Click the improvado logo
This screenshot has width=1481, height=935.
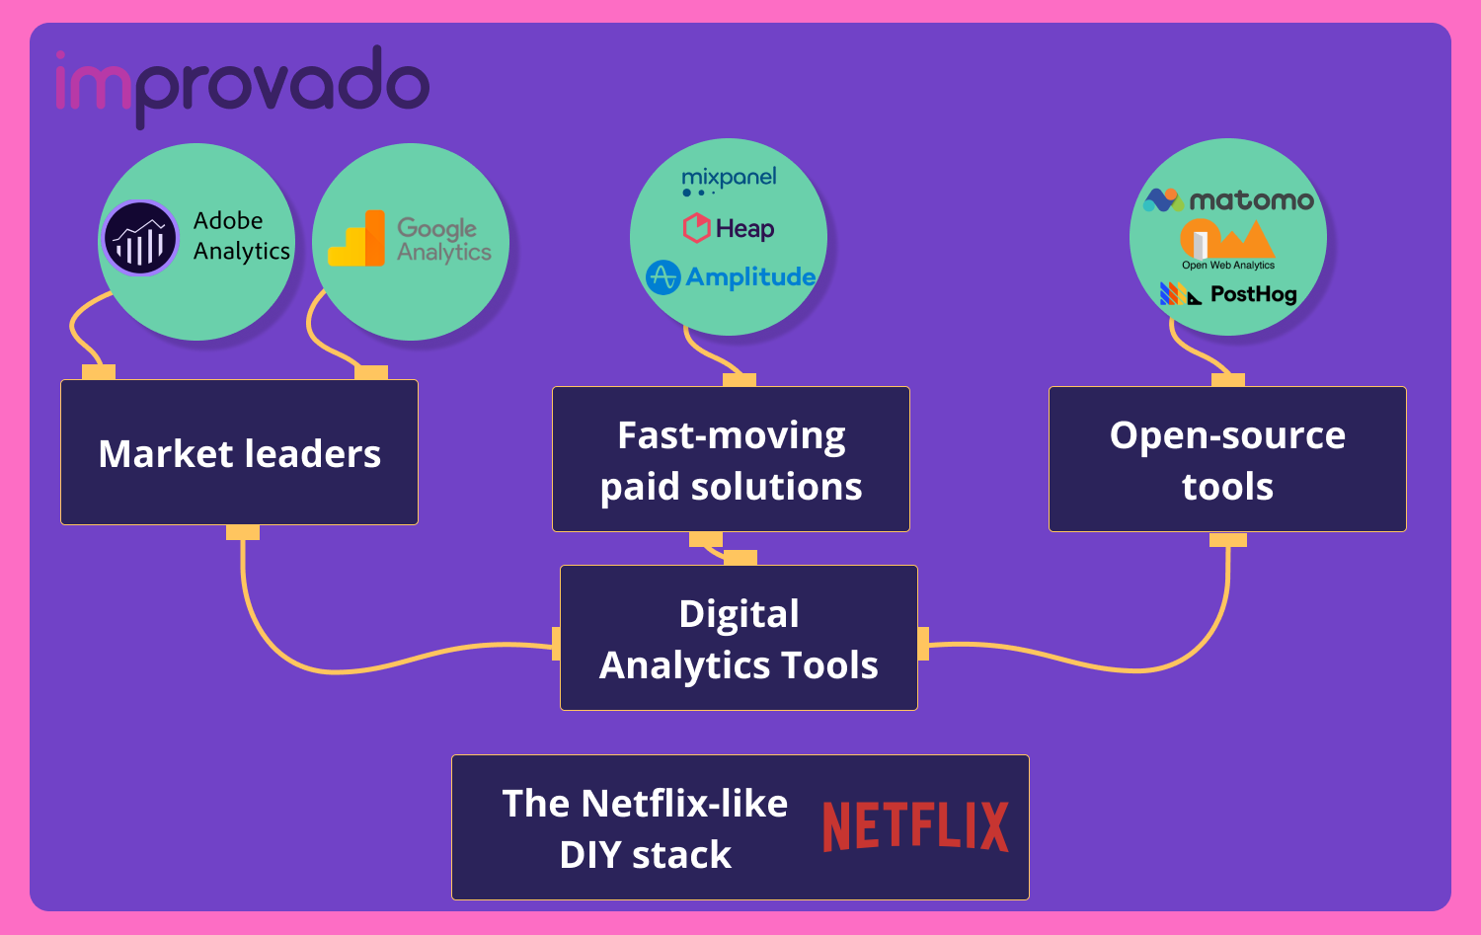click(242, 85)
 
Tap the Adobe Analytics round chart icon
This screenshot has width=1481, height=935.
click(140, 238)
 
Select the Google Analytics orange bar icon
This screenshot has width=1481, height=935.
click(356, 239)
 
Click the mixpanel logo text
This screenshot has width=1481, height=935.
click(729, 179)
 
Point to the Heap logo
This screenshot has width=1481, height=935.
click(729, 229)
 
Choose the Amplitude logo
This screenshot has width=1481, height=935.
click(731, 277)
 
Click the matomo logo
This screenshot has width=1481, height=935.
click(1228, 200)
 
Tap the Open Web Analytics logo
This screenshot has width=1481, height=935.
click(1227, 245)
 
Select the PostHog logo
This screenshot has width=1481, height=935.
click(1228, 294)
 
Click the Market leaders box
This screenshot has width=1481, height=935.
click(239, 452)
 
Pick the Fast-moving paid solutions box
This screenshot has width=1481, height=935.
click(731, 459)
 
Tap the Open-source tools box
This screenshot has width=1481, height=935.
click(1227, 459)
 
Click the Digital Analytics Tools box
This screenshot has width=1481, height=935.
click(739, 638)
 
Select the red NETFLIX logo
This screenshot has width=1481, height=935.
click(915, 826)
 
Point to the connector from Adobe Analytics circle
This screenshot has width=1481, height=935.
click(79, 336)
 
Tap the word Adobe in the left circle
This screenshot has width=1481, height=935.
click(228, 220)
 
